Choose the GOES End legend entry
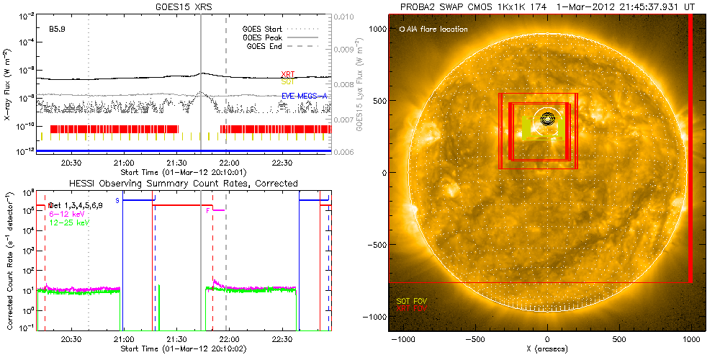coord(266,46)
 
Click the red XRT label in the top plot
coord(289,75)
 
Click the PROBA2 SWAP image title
coord(549,6)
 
